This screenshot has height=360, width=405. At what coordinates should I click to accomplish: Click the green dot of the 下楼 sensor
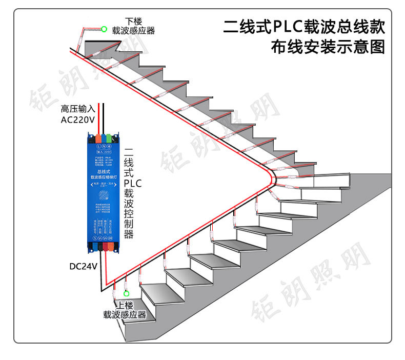tap(104, 29)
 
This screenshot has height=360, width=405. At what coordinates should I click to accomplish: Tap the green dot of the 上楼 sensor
tap(126, 294)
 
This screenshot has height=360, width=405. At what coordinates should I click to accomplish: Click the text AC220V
tap(77, 120)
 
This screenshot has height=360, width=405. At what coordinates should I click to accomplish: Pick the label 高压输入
tap(78, 109)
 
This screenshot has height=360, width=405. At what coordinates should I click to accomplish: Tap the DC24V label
tap(84, 266)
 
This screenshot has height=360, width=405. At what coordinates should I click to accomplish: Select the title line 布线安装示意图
tap(328, 48)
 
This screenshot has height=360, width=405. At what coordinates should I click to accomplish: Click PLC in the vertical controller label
tap(132, 183)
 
